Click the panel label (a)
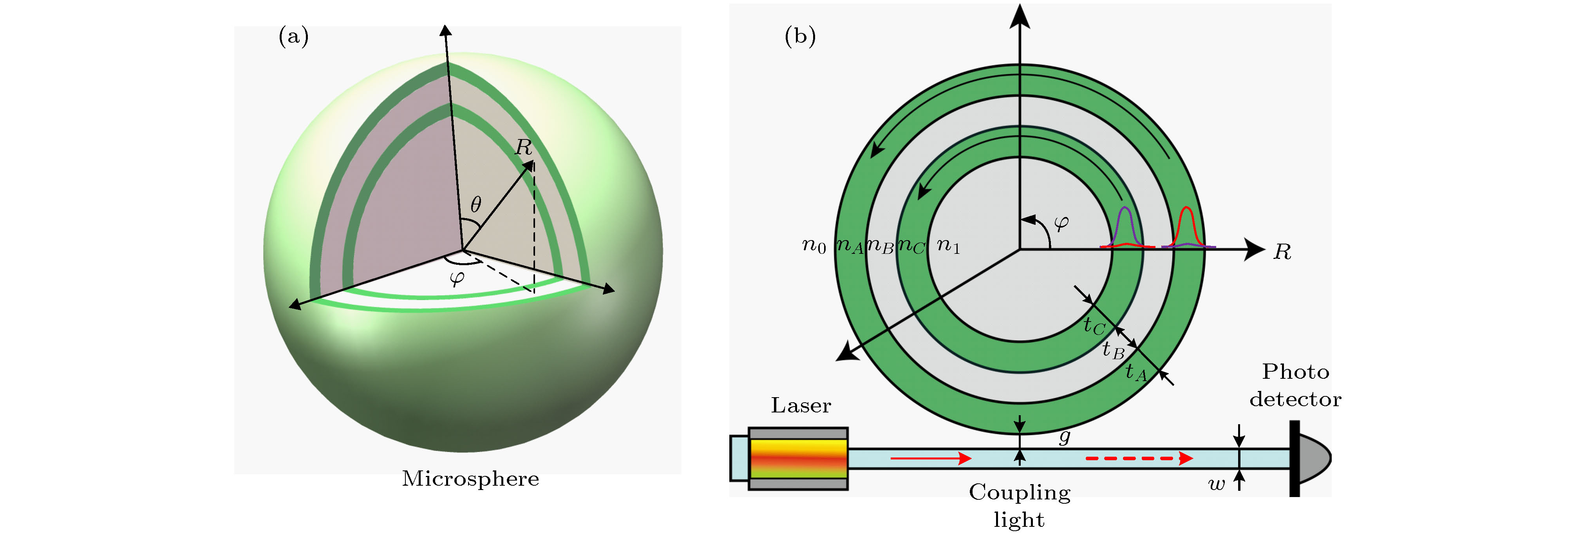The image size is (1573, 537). (293, 37)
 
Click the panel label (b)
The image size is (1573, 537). (799, 37)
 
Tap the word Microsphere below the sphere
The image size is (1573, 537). (470, 478)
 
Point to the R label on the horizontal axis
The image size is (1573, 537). (1282, 252)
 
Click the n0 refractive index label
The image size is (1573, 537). (814, 246)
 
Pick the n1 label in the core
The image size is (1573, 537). (948, 246)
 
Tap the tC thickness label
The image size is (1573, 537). (1094, 325)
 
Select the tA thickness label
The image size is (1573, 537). (1135, 371)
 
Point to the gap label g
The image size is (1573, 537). (1064, 436)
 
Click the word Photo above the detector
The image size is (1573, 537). (1295, 371)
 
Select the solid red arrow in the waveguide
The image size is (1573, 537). (931, 457)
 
